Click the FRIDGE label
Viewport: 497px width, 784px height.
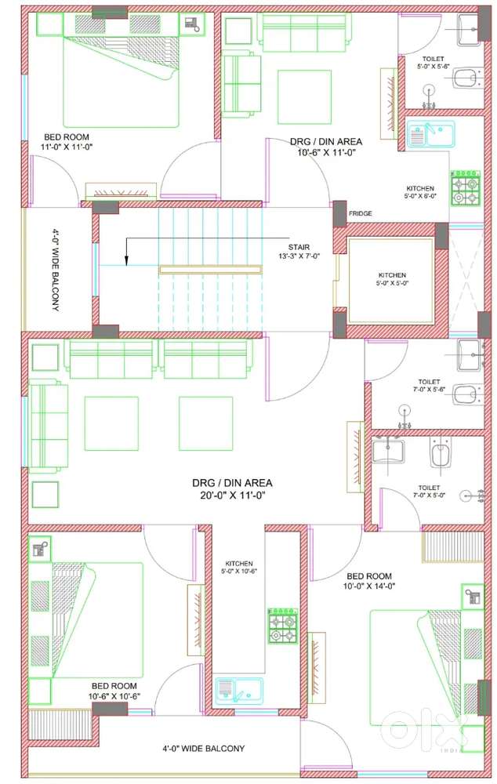tap(360, 213)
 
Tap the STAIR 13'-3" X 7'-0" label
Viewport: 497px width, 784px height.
tap(299, 252)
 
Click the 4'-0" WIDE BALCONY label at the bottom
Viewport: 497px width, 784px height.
tap(204, 749)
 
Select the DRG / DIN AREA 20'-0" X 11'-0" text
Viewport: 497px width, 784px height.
tap(232, 489)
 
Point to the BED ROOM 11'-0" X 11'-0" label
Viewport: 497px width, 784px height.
tap(67, 141)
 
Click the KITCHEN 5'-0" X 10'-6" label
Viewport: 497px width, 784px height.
tap(239, 567)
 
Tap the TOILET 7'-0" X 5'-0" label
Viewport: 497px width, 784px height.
tap(429, 491)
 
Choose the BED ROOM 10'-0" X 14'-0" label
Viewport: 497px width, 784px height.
tap(369, 581)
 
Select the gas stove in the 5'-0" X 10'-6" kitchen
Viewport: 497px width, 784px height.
tap(283, 626)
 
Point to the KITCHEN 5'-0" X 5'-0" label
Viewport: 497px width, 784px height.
tap(392, 279)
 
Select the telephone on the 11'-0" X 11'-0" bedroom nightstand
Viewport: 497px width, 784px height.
tap(192, 24)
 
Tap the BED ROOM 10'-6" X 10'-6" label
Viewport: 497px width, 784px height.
tap(114, 691)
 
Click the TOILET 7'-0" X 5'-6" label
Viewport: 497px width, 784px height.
tap(429, 386)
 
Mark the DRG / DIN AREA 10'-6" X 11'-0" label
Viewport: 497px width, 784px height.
tap(326, 147)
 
